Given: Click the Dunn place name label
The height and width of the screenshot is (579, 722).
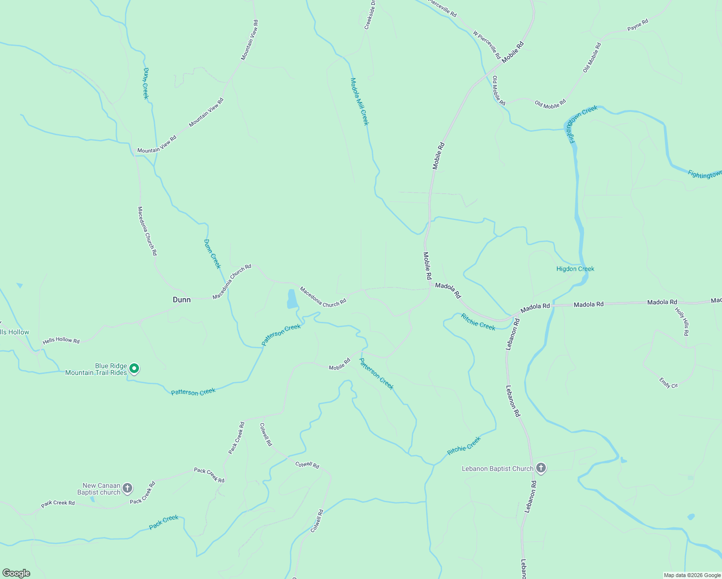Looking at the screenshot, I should pos(181,300).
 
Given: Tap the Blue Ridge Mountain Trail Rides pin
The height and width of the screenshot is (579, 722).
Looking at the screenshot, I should pos(135,369).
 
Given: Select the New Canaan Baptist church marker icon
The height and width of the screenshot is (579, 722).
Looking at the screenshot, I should pos(127,488).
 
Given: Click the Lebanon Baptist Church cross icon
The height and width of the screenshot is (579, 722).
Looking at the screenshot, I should pos(541,468).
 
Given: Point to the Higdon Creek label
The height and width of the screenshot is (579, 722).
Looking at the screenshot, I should pos(575,269).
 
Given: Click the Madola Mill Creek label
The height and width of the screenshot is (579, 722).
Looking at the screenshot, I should pos(360,102).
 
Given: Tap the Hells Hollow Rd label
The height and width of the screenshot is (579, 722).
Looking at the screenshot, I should pos(61,340).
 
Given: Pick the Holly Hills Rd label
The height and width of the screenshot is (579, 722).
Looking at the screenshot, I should pos(682,322).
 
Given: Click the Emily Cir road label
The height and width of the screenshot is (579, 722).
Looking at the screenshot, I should pos(668,383).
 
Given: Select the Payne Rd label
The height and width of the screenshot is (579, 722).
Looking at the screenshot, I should pos(638,26).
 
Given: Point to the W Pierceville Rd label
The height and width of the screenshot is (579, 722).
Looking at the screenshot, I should pos(486,45).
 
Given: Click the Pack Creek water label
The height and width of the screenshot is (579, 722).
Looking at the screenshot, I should pos(164,522).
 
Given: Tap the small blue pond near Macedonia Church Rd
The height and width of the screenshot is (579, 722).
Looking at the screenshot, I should pos(292,299).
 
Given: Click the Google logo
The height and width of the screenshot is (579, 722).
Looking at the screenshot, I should pos(16,573).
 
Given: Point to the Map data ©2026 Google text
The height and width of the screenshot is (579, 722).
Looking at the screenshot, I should pos(692,575).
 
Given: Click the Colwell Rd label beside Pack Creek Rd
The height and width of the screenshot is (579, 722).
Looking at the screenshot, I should pos(265,434).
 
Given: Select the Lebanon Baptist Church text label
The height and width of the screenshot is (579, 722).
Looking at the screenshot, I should pos(498,469).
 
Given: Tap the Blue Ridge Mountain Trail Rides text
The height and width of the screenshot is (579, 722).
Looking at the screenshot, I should pos(96,369).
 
